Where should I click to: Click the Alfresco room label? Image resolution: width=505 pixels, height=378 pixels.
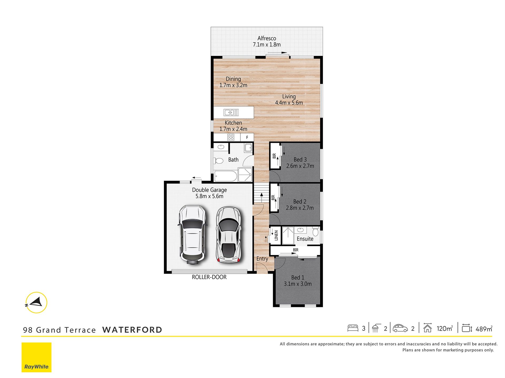click(267, 38)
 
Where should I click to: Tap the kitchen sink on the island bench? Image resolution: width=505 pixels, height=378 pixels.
click(231, 113)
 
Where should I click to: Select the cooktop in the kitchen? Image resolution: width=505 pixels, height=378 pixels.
click(231, 137)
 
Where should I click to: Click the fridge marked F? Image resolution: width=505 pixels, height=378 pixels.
click(247, 137)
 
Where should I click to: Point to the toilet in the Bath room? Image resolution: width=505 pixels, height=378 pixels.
click(219, 160)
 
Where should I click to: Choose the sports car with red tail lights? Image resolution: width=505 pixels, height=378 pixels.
click(228, 234)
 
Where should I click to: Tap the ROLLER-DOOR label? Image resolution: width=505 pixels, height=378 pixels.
click(209, 277)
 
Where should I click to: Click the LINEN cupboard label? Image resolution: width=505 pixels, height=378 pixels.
click(276, 235)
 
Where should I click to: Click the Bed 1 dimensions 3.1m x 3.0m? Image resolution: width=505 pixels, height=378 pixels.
click(298, 284)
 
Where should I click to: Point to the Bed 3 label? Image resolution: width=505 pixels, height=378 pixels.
click(300, 160)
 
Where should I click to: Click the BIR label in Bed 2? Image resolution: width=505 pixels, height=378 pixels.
click(273, 198)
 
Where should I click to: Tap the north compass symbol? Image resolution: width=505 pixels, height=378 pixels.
click(37, 302)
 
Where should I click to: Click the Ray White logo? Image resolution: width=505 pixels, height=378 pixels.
click(37, 357)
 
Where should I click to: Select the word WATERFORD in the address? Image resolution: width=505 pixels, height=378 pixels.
click(132, 330)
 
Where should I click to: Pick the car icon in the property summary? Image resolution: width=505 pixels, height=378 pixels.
click(400, 328)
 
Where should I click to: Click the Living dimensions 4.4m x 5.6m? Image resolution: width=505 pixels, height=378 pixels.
click(289, 103)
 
